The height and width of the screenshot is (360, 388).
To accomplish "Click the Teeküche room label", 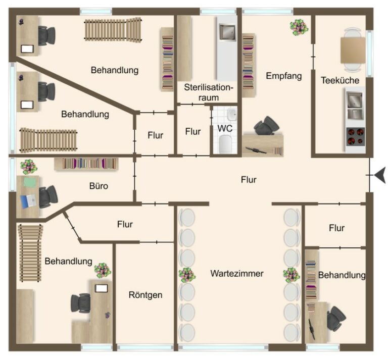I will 340,80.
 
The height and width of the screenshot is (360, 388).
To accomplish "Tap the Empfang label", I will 283,76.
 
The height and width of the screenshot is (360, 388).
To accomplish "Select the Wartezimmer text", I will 237,274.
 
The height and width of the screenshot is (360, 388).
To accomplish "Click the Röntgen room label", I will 145,294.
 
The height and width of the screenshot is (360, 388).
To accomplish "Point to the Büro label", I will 99,186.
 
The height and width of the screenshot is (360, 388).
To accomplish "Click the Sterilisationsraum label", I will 209,91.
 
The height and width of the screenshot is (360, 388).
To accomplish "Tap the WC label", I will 224,128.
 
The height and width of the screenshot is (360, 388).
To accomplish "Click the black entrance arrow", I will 379,175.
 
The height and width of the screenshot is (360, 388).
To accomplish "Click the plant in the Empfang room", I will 297,27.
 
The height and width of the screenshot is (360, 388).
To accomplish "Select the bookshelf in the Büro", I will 86,164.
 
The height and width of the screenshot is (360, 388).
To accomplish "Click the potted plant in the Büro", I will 28,167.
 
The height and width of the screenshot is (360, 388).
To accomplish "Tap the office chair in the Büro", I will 48,195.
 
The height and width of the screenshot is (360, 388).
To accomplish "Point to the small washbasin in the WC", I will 231,113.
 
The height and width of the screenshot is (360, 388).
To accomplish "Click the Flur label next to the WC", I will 193,131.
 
